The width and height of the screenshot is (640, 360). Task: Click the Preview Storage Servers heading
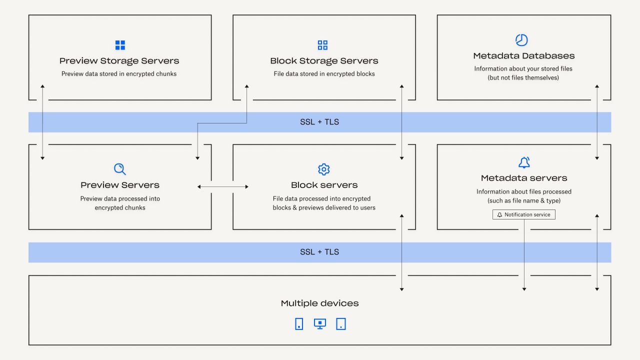pos(119,61)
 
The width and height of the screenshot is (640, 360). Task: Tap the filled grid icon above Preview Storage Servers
pos(120,45)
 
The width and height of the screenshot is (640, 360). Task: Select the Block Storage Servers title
pos(324,61)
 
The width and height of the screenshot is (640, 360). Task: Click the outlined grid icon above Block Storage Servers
pos(322,45)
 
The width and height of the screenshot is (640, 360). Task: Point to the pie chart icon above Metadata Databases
pos(521,40)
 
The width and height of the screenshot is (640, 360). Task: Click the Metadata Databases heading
pos(523,56)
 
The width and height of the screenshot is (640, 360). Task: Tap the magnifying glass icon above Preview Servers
pos(120,169)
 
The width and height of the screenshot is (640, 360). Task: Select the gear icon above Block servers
pos(324,169)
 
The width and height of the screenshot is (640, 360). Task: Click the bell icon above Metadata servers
pos(524,162)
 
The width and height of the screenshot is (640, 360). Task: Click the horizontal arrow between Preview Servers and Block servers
pos(223,186)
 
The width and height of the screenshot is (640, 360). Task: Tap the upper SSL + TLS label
pos(319,122)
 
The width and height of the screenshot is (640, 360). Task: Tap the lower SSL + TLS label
pos(319,252)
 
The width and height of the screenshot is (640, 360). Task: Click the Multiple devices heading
pos(319,303)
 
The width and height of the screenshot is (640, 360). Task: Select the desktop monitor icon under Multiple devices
pos(320,323)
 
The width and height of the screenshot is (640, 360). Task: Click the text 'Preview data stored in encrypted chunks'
pos(119,74)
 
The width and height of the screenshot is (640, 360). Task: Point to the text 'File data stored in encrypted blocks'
pos(324,74)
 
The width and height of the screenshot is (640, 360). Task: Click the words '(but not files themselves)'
pos(523,78)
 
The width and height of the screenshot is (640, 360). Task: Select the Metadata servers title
pos(523,178)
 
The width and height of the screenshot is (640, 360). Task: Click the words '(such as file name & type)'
pos(523,201)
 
